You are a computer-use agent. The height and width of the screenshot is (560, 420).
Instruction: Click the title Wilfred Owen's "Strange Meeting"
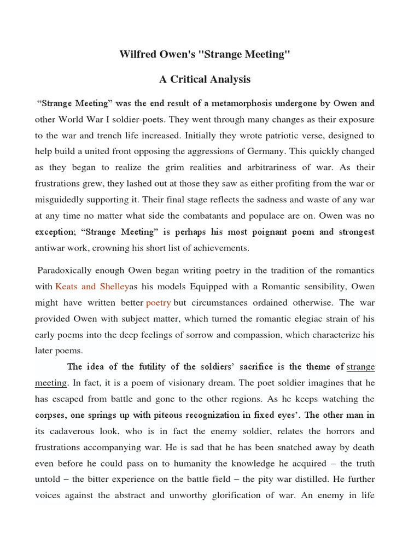pos(205,55)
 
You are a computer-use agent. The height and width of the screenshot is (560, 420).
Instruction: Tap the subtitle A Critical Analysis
pos(205,79)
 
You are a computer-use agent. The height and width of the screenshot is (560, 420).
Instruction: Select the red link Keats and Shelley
pos(92,287)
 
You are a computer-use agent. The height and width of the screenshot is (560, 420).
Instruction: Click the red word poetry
pos(158,302)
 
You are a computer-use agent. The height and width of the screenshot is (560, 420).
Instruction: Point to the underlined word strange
pos(361,367)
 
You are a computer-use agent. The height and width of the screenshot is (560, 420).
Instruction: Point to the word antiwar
pos(51,248)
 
